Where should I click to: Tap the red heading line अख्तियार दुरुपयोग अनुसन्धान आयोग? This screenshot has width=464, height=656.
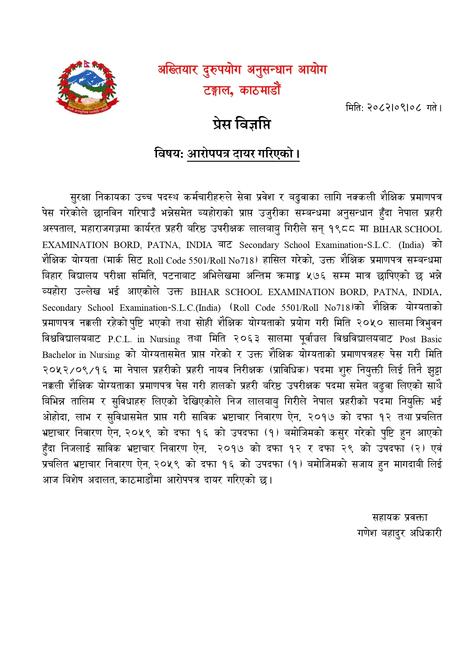tap(242, 70)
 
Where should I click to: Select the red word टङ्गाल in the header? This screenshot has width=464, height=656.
tap(218, 90)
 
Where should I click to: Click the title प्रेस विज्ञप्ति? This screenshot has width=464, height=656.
tap(242, 124)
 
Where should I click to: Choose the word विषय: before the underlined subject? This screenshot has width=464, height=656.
tap(169, 153)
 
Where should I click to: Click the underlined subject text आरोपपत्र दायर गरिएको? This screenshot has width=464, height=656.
tap(243, 153)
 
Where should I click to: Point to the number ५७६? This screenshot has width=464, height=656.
tap(316, 276)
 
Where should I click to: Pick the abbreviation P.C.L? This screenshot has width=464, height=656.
tap(120, 339)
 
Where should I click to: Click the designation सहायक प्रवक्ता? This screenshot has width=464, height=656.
tap(400, 517)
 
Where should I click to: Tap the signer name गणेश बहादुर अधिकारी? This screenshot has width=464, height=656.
tap(399, 533)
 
